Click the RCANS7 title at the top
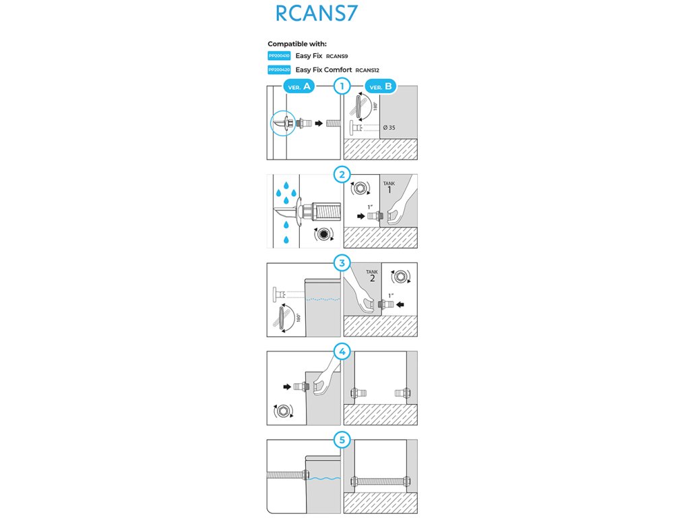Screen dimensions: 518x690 [x=316, y=14]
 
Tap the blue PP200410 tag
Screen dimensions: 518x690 [x=279, y=56]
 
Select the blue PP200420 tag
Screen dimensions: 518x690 [x=279, y=69]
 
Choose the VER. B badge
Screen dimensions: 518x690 [x=381, y=86]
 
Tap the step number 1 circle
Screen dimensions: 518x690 [x=343, y=86]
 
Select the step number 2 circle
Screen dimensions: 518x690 [x=343, y=175]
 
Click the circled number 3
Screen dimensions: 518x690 [x=343, y=263]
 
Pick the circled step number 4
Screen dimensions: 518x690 [x=343, y=351]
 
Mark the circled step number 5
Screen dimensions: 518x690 [x=343, y=440]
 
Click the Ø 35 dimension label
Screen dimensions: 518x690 [x=389, y=128]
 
